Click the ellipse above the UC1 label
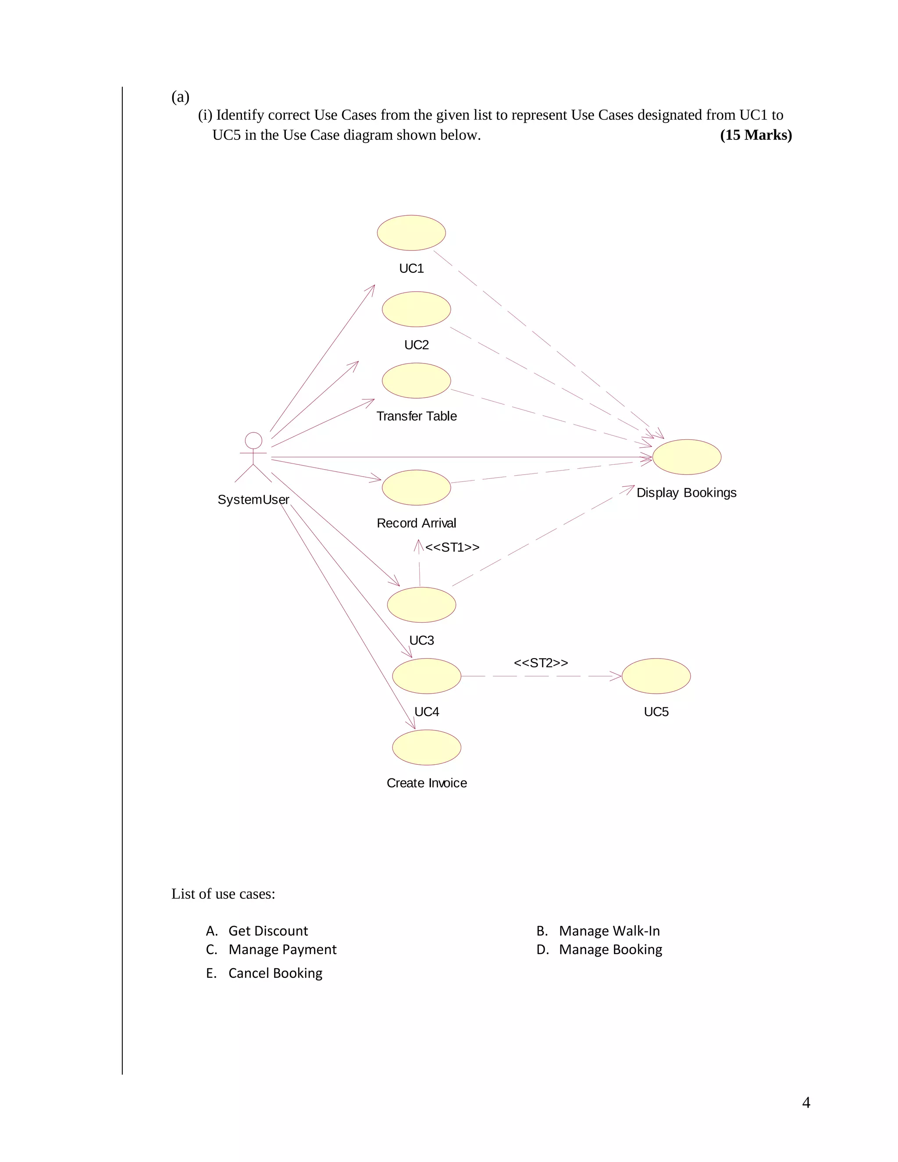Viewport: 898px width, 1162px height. tap(411, 232)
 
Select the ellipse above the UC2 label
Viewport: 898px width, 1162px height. tap(416, 309)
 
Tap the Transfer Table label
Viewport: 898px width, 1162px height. tap(416, 416)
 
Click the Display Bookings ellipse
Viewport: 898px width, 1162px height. tap(686, 457)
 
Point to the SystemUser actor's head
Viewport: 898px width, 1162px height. tap(253, 441)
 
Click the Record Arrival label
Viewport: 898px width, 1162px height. tap(416, 523)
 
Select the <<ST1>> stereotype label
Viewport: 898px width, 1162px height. tap(452, 547)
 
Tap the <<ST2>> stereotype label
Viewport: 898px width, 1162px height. tap(541, 663)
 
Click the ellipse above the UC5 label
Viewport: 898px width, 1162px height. tap(656, 676)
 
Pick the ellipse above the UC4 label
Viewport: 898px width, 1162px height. tap(426, 676)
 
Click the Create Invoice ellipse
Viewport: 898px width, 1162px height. tap(426, 747)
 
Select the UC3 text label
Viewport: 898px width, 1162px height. tap(421, 640)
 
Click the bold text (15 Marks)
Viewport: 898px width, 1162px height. tap(755, 135)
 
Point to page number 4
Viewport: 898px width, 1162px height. tap(806, 1102)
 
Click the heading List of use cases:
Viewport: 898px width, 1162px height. tap(223, 894)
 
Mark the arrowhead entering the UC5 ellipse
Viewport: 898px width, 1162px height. tap(617, 676)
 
